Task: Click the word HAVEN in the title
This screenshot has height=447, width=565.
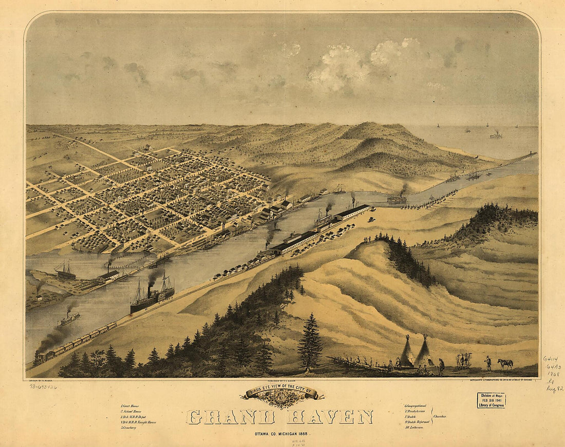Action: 330,417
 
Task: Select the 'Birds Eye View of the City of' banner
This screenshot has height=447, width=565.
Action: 281,394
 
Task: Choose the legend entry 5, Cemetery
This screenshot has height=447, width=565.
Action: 128,427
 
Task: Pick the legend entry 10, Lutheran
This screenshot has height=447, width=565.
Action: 416,427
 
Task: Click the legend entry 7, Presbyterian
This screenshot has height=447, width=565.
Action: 417,411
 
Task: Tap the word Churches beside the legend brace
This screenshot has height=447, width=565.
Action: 439,416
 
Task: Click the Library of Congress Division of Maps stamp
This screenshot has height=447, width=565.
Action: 491,400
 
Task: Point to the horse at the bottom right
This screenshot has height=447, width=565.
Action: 505,363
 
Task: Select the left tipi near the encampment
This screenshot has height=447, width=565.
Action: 407,353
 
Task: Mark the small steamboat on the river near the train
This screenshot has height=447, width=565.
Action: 68,319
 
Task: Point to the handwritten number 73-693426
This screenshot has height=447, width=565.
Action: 43,386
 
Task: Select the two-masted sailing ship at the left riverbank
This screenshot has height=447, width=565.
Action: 65,271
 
